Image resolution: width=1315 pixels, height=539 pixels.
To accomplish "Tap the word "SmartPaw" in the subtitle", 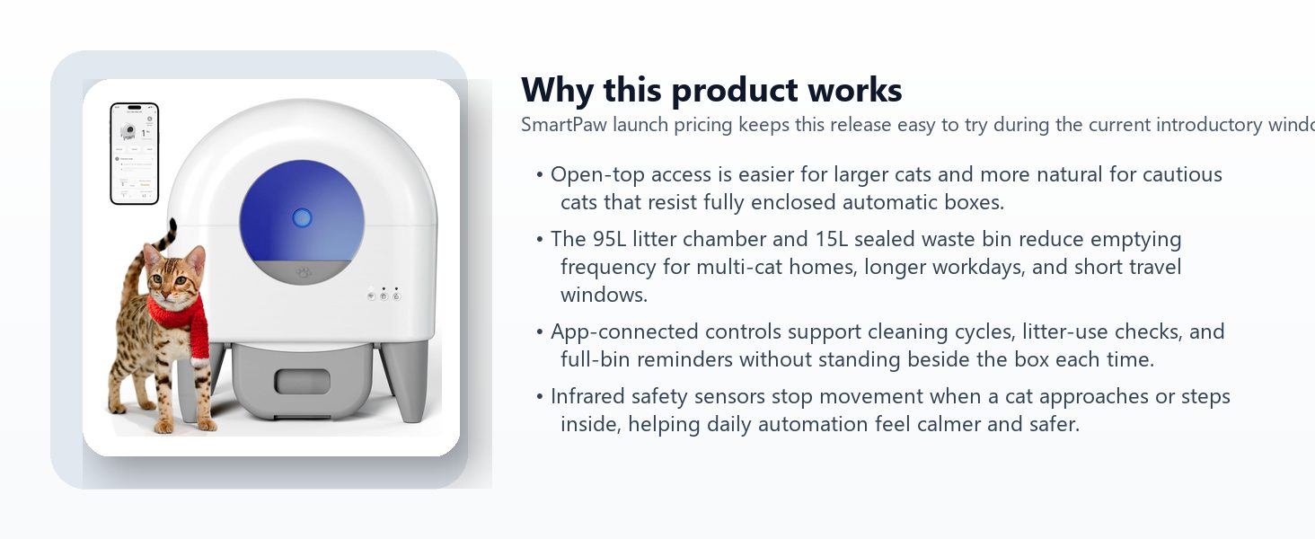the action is tap(563, 125).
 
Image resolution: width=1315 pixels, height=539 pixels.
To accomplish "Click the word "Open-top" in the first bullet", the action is tap(597, 175).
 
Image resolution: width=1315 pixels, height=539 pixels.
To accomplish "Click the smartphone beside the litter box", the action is tap(135, 154).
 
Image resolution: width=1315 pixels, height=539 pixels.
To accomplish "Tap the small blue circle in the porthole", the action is tap(302, 217).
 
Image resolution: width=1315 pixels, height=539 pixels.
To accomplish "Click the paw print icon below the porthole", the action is tap(304, 272).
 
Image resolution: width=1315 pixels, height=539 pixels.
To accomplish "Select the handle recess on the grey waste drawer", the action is tap(303, 382).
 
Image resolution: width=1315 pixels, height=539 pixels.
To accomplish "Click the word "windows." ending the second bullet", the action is tap(605, 295).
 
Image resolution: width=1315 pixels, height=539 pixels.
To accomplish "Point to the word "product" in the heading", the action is tap(735, 91).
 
